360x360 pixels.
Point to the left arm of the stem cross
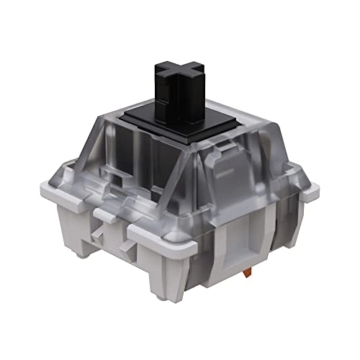tap(161, 73)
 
